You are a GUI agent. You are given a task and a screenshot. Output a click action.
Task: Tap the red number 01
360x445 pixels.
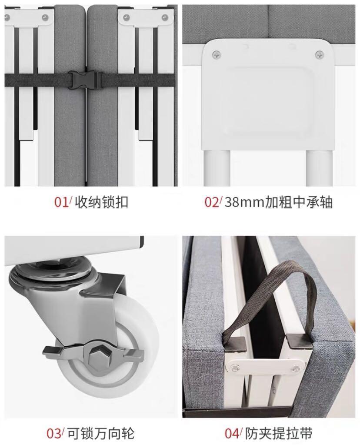(x=62, y=202)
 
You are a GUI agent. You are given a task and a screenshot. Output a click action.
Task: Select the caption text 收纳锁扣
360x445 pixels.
(x=102, y=202)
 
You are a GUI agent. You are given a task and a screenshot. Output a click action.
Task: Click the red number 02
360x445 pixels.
(x=212, y=202)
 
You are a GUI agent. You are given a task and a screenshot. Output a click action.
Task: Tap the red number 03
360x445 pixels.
(x=54, y=433)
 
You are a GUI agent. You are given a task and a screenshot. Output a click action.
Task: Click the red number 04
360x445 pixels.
(x=232, y=433)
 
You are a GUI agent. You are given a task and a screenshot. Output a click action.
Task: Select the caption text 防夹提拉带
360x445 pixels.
(x=279, y=433)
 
